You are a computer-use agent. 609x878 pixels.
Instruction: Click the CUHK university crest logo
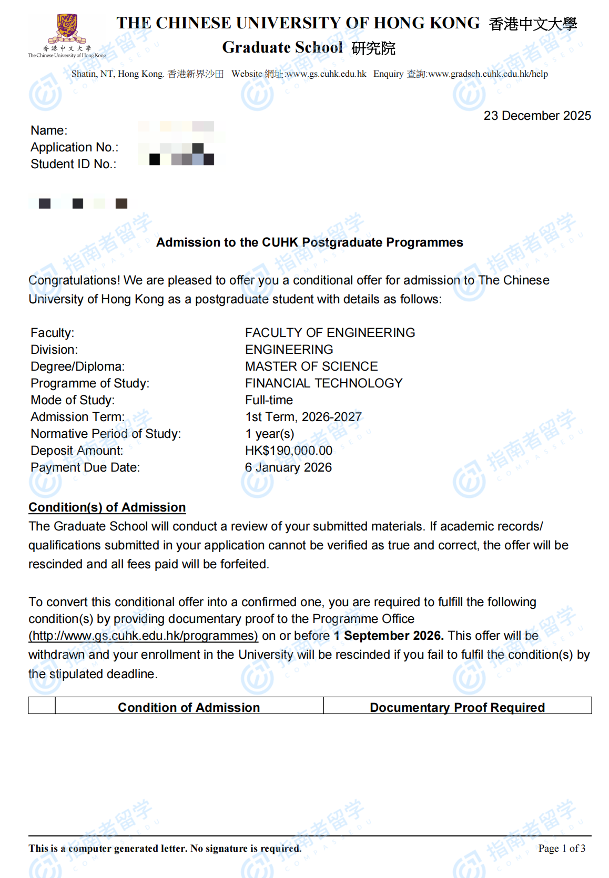[x=67, y=29]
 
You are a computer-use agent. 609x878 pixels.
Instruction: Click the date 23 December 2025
[x=537, y=116]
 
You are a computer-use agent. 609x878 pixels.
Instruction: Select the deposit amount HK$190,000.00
[x=289, y=451]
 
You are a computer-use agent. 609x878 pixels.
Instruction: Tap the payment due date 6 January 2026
[x=288, y=467]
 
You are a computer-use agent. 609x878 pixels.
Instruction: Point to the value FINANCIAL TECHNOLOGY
[x=323, y=383]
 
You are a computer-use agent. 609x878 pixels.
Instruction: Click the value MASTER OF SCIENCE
[x=311, y=366]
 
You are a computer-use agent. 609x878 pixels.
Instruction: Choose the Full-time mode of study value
[x=269, y=400]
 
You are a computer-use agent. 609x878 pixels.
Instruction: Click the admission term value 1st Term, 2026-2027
[x=303, y=417]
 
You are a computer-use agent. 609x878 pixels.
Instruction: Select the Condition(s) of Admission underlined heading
[x=107, y=507]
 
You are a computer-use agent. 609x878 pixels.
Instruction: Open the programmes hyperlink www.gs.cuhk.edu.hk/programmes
[x=143, y=636]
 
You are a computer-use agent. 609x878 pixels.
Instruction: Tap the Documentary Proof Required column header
[x=457, y=707]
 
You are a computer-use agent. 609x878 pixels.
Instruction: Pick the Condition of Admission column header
[x=189, y=707]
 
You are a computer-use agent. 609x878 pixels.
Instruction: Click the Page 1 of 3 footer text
[x=562, y=848]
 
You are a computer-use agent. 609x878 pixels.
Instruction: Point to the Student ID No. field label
[x=74, y=164]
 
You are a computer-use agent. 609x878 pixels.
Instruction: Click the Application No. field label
[x=75, y=147]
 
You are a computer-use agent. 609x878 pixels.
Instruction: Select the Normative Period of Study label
[x=106, y=434]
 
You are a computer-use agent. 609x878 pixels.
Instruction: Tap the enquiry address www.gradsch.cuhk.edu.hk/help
[x=488, y=74]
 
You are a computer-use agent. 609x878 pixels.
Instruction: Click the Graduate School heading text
[x=282, y=47]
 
